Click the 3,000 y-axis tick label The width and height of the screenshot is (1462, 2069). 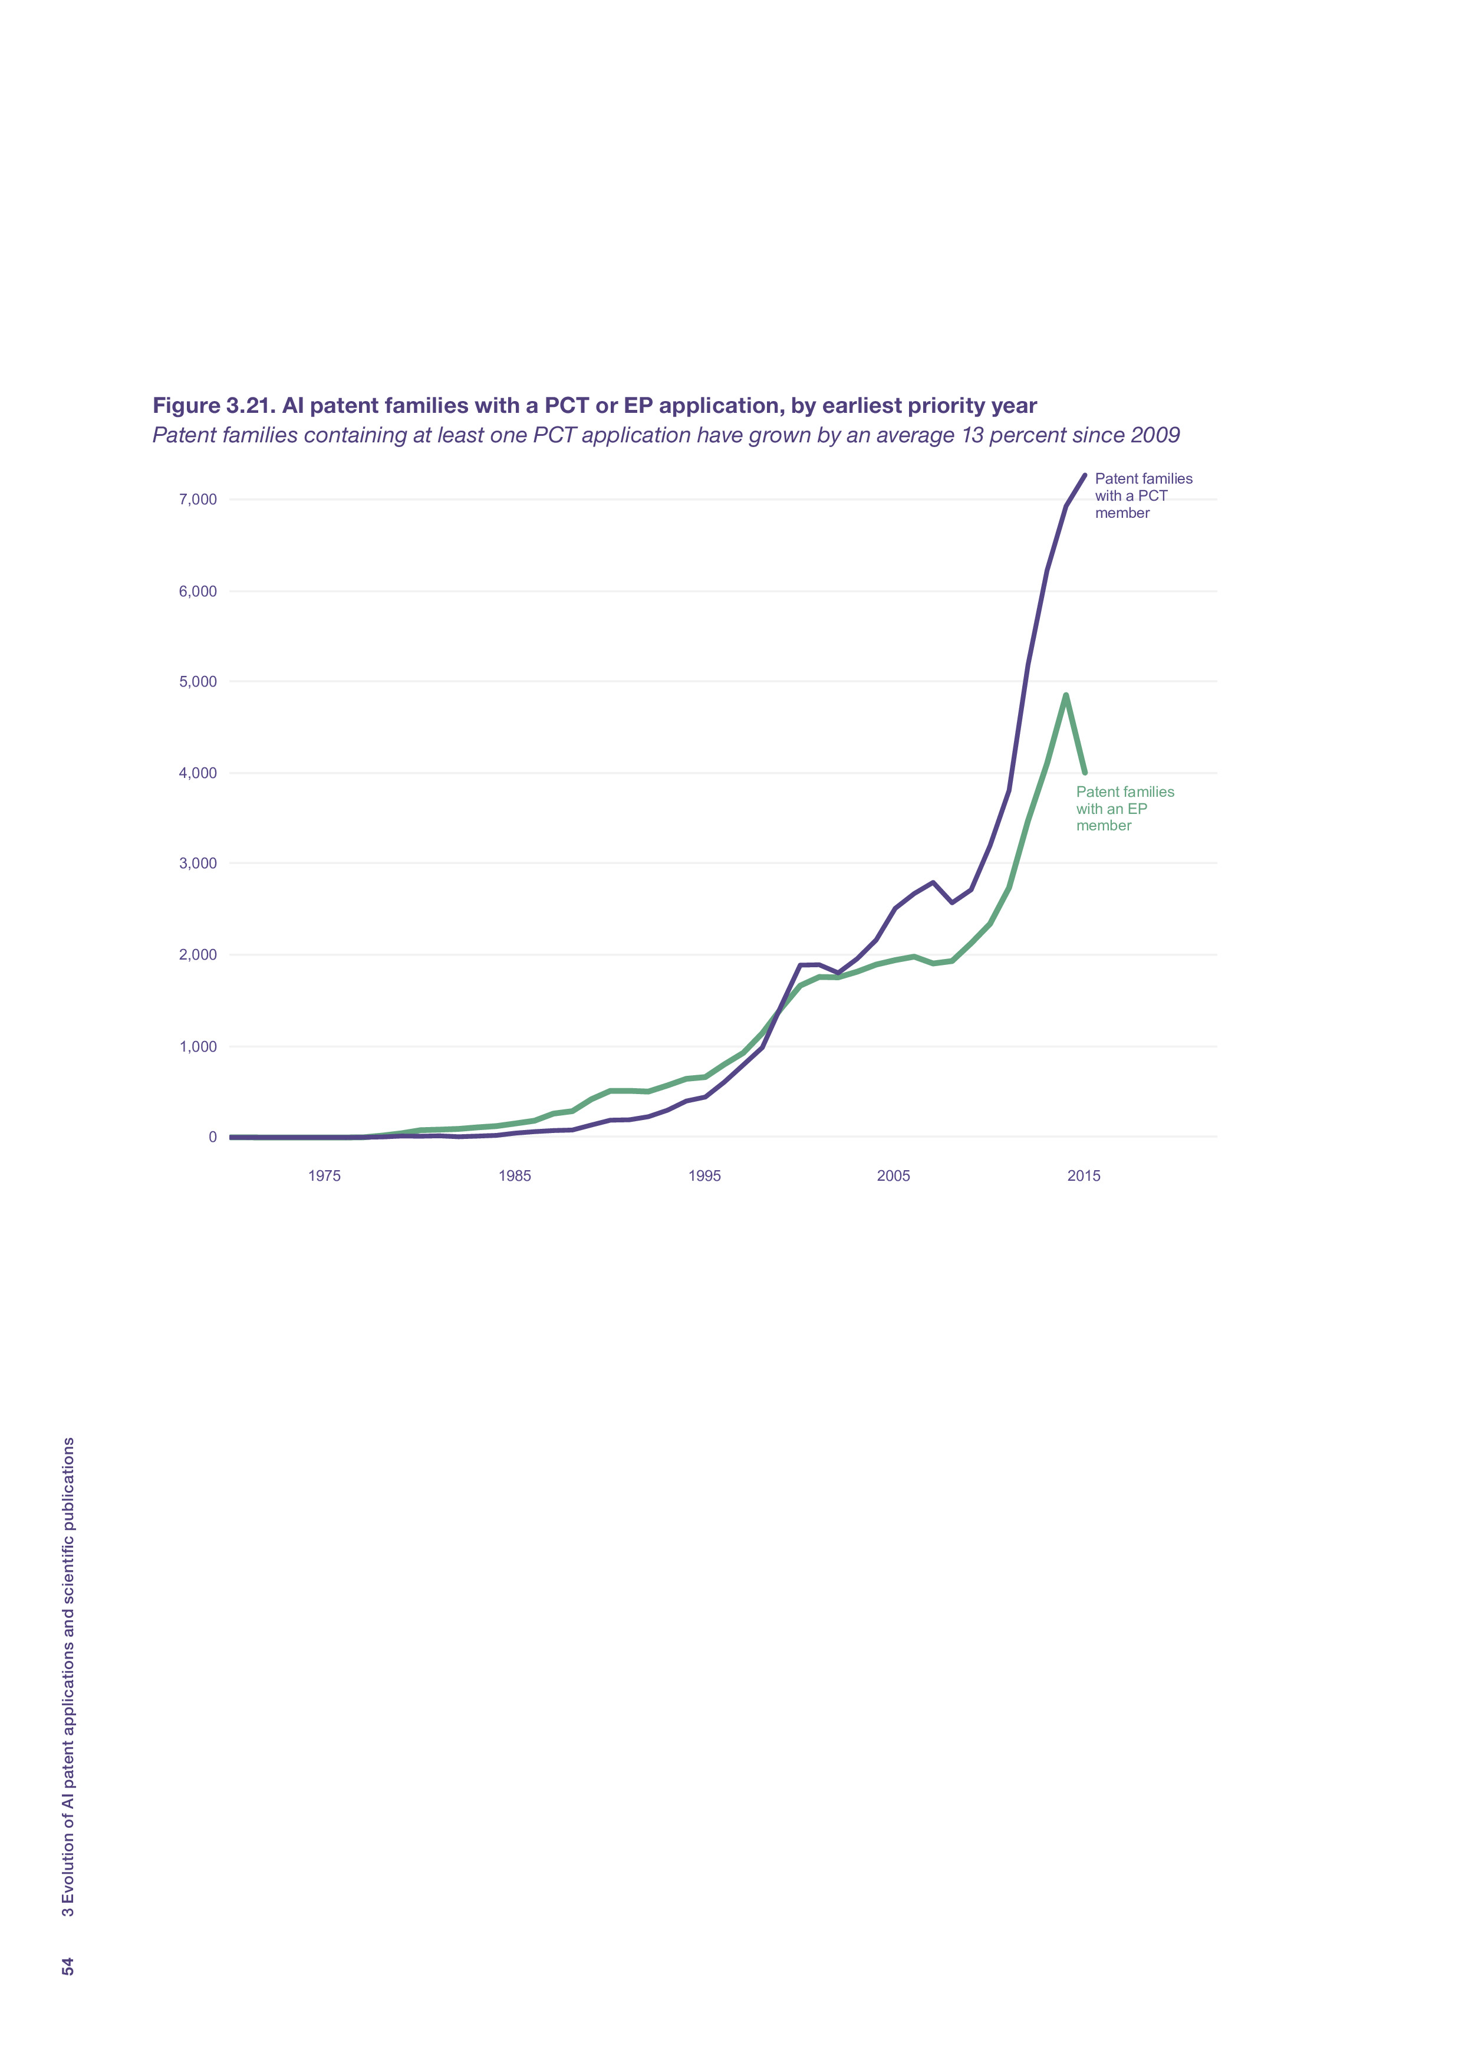point(198,863)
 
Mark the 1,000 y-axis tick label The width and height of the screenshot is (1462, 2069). point(198,1046)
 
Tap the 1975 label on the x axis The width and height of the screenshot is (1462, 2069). point(324,1176)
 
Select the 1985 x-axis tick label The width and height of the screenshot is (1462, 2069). point(515,1176)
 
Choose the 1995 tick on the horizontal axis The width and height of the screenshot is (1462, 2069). point(704,1176)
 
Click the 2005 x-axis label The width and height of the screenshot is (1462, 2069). point(894,1176)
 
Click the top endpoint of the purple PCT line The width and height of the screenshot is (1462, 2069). point(1085,475)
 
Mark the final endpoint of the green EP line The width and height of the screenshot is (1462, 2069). point(1085,772)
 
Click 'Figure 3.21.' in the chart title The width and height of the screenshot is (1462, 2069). point(213,406)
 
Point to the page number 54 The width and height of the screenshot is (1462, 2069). point(68,1966)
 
